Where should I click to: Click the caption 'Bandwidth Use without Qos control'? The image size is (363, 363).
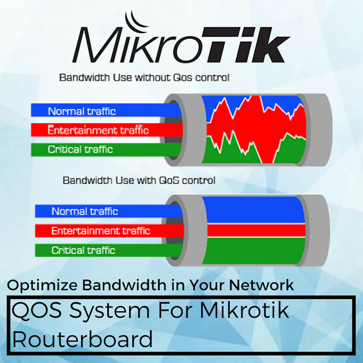point(144,78)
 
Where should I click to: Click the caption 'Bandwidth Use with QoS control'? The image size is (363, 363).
point(139,180)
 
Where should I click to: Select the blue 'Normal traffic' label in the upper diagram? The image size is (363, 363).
point(82,111)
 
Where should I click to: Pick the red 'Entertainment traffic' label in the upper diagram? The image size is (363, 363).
point(98,130)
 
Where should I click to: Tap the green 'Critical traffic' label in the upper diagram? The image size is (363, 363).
point(81,149)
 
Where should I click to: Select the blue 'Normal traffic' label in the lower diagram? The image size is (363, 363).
point(85,211)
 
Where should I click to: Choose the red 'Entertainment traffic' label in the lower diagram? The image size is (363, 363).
point(100,231)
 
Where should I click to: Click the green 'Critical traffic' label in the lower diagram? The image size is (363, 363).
point(83,250)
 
